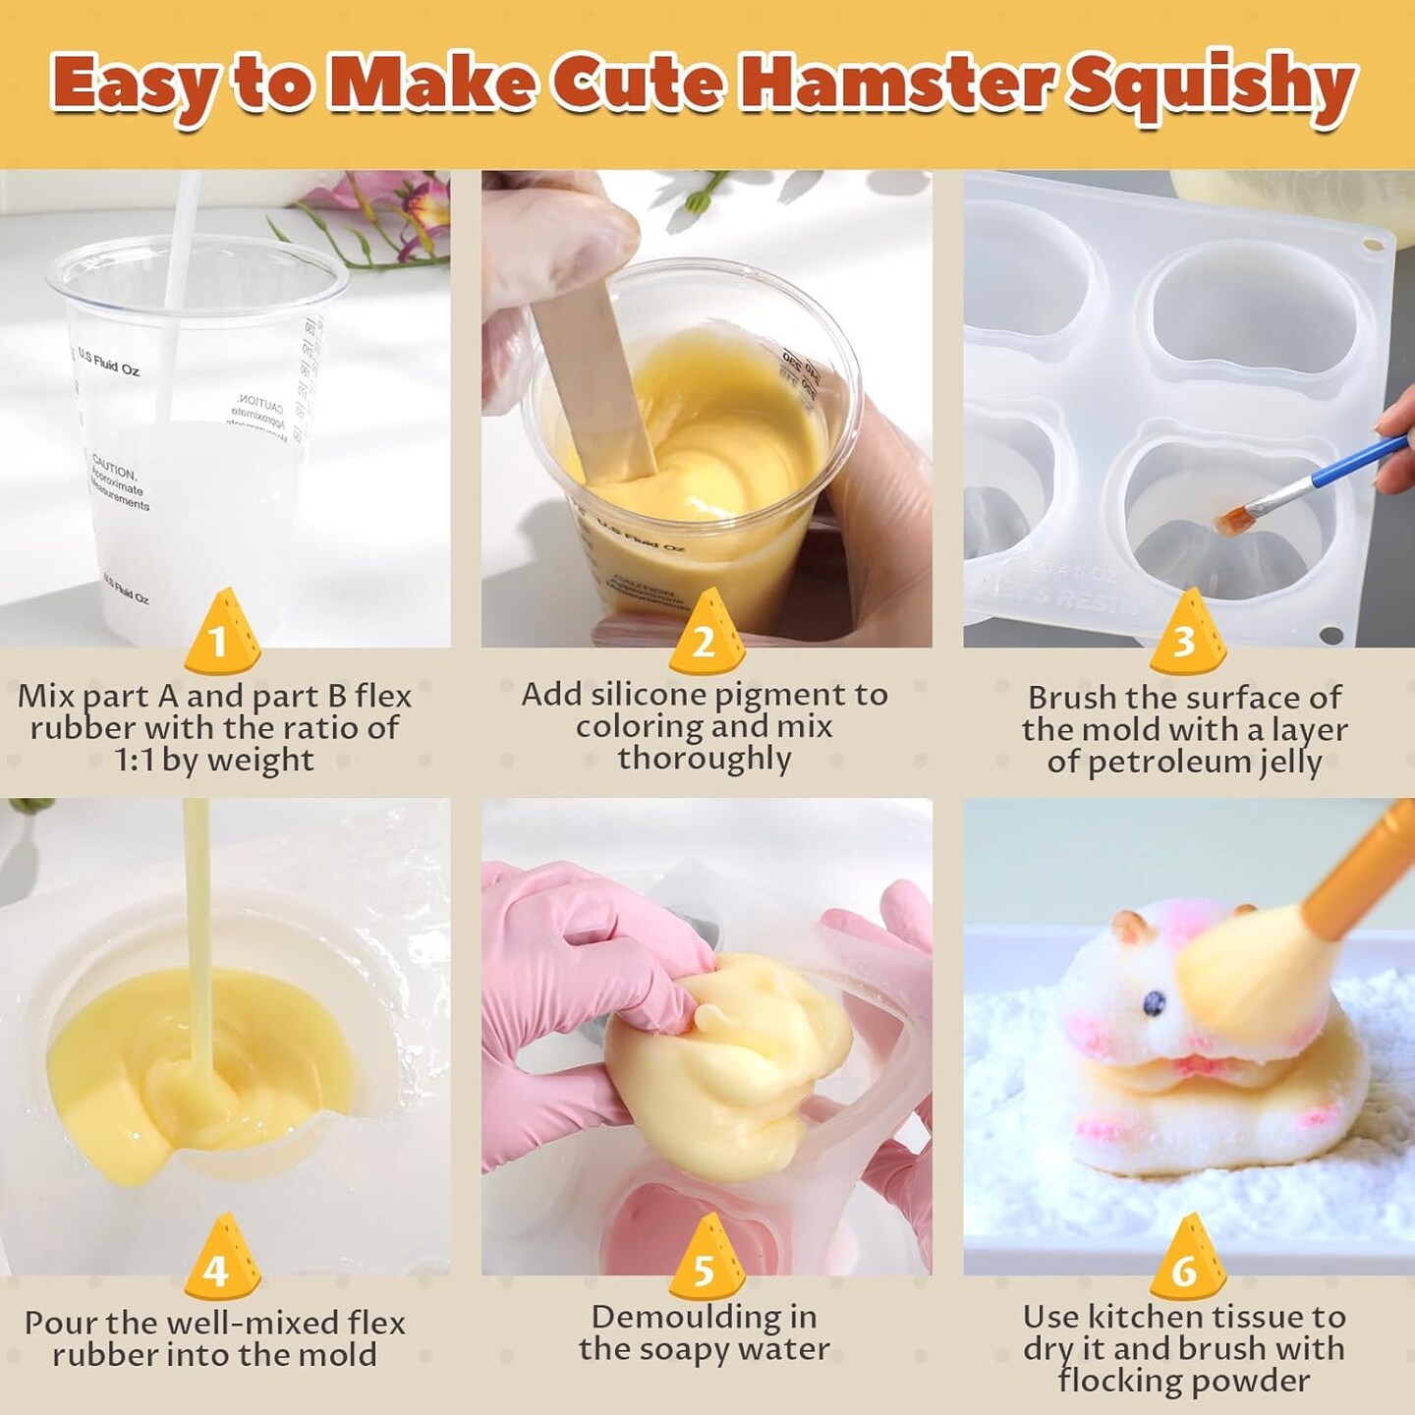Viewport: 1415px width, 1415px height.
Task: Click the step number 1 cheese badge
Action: tap(221, 637)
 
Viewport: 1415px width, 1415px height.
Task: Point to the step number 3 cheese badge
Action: tap(1186, 637)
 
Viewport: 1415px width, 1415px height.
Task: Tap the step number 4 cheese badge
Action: tap(221, 1262)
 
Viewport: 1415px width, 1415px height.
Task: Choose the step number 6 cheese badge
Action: tap(1186, 1262)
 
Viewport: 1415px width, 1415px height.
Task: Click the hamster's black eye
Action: tap(1154, 1003)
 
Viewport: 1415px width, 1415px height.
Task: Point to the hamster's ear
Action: tap(1129, 925)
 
